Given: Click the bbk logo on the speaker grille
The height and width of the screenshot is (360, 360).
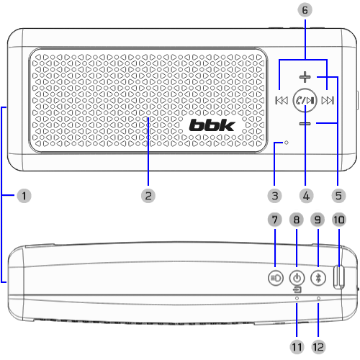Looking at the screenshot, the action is (x=212, y=125).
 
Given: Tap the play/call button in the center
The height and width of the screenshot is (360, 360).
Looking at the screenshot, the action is (x=305, y=100).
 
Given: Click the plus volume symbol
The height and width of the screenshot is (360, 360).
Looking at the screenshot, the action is (x=305, y=77).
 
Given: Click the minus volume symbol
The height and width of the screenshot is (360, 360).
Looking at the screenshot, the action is (x=305, y=124).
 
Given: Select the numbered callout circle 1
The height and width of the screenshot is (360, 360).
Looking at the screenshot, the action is (x=24, y=196).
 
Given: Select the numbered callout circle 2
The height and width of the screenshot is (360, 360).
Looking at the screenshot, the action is (x=148, y=196).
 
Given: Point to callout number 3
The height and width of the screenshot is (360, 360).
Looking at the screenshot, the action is (x=275, y=196).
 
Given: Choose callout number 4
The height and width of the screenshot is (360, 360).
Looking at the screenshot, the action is (x=306, y=196).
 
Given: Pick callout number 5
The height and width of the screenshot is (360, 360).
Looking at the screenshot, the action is (x=338, y=196).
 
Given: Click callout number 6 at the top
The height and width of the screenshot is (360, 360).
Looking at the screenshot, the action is (x=305, y=10).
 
